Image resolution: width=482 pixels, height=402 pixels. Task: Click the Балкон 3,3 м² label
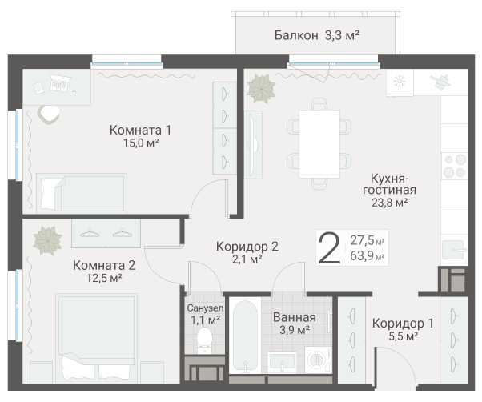[x=316, y=35]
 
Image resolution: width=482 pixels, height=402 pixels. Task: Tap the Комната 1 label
[x=140, y=130]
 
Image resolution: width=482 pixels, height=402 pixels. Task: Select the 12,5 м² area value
[x=104, y=278]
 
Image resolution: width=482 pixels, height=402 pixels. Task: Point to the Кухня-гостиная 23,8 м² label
[x=389, y=191]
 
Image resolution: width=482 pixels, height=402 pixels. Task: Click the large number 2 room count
[x=329, y=248]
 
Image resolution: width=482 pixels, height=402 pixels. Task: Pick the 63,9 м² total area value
[x=367, y=255]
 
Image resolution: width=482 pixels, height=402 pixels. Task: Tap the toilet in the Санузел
[x=204, y=340]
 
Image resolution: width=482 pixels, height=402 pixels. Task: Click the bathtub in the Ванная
[x=245, y=336]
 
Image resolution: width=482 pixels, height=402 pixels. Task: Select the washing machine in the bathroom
[x=318, y=360]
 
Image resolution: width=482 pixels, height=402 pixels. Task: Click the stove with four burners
[x=454, y=167]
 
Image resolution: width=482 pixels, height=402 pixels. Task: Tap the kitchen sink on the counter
[x=453, y=250]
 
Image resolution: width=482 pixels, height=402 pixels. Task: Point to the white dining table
[x=319, y=144]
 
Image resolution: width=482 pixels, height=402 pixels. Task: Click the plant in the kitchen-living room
[x=261, y=89]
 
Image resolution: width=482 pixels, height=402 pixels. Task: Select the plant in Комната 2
[x=48, y=241]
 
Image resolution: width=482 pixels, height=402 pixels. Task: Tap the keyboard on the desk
[x=60, y=83]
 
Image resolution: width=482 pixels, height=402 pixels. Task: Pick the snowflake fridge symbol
[x=400, y=82]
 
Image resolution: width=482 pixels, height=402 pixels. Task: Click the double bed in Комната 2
[x=96, y=338]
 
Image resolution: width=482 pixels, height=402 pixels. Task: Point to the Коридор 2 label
[x=247, y=247]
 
